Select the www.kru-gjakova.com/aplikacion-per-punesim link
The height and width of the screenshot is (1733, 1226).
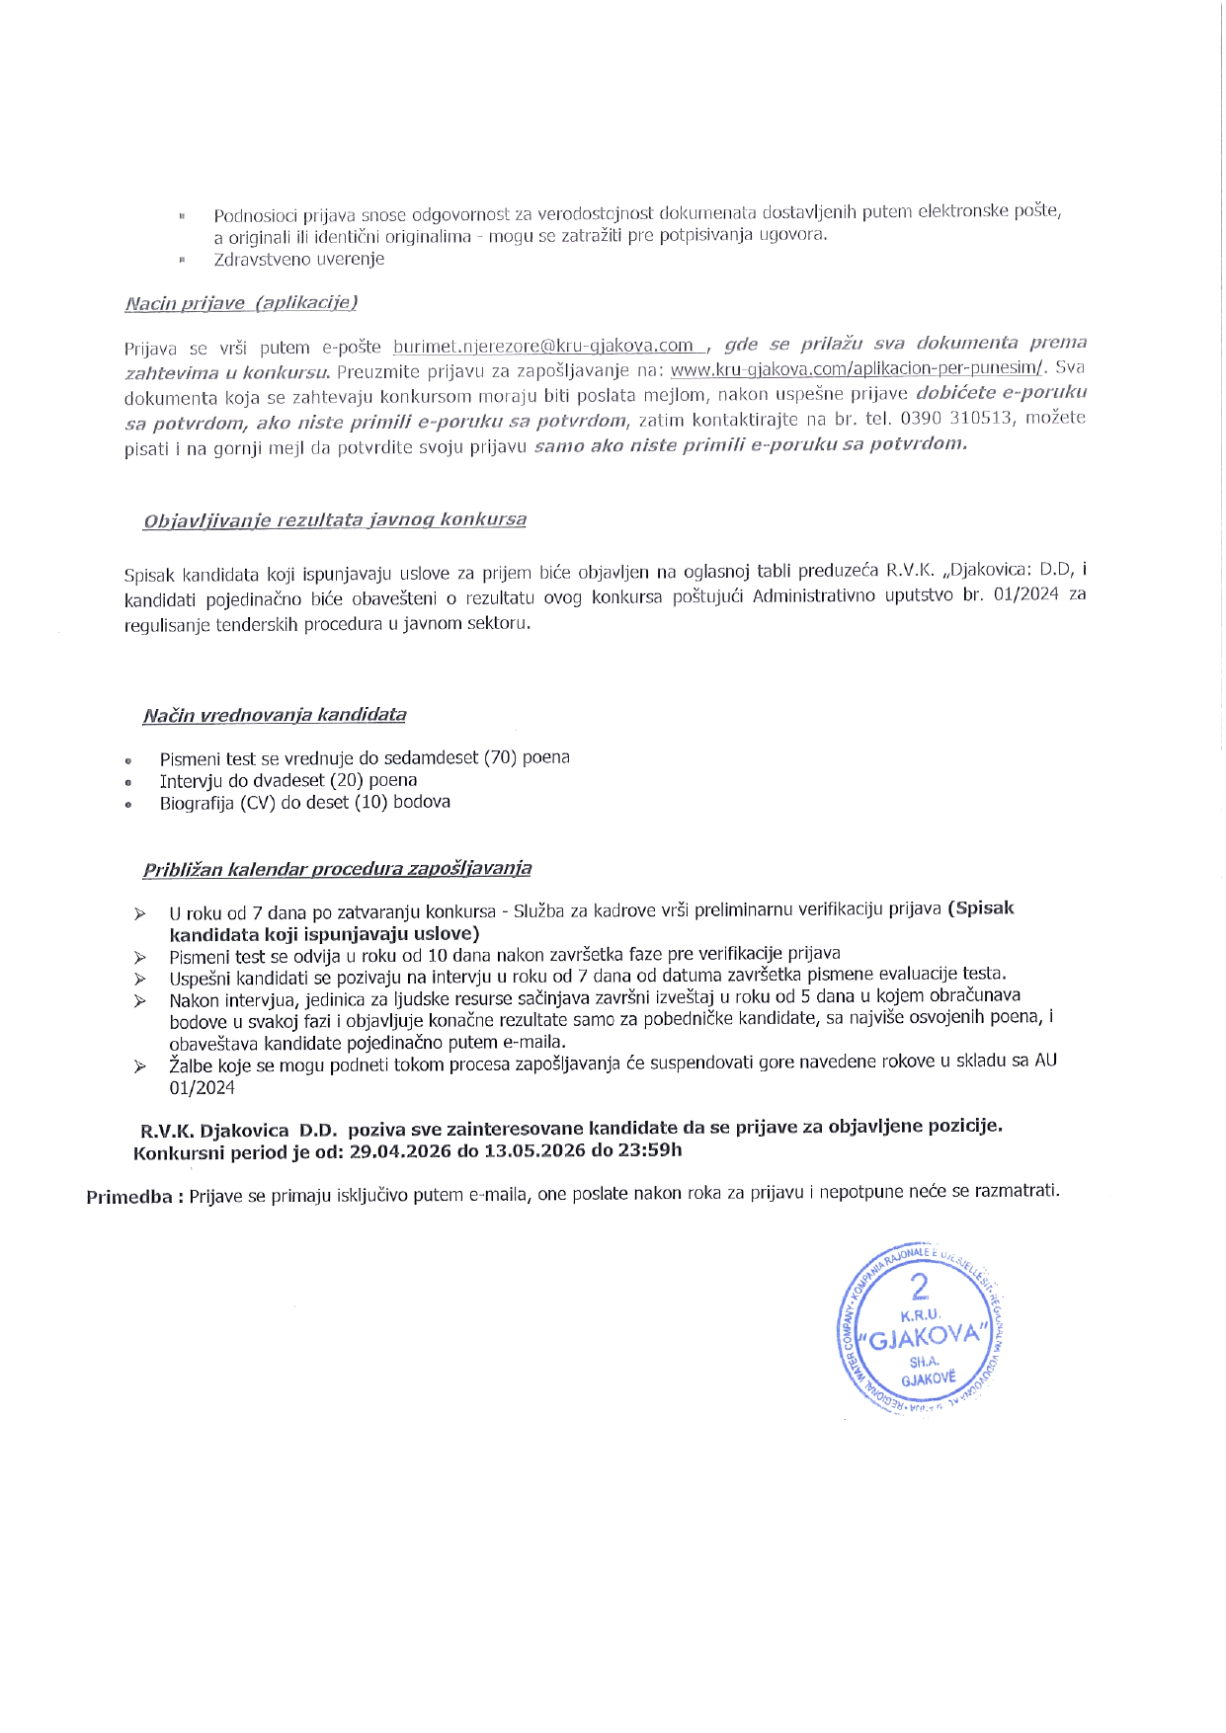[x=857, y=369]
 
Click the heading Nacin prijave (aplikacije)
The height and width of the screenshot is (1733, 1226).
[x=241, y=303]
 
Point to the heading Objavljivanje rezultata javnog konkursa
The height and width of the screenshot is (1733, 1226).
[x=335, y=519]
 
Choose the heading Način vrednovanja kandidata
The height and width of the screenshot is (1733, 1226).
[x=274, y=714]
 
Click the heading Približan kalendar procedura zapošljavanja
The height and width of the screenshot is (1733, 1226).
[x=337, y=869]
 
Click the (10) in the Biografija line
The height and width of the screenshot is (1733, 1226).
[x=371, y=802]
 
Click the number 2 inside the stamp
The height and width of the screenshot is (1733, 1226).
[x=920, y=1287]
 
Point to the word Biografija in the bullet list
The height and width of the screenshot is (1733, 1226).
[x=196, y=803]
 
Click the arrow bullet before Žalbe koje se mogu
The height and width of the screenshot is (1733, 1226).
[x=141, y=1066]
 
